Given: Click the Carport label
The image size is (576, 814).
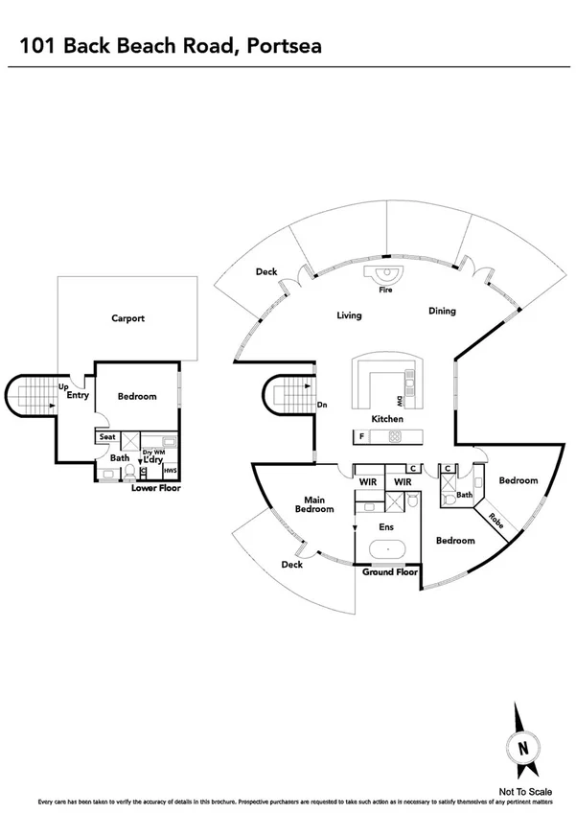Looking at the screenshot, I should pos(127,318).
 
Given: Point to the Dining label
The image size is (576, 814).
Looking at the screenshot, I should pos(442,311).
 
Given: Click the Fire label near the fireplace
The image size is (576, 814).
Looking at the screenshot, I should pos(386,289).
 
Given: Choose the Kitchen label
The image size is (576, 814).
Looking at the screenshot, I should pos(388,419).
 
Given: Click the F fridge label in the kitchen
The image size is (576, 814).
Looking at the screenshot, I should pos(362,437).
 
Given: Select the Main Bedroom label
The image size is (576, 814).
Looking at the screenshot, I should pos(319,504).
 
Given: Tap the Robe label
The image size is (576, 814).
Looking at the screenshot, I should pos(495,522).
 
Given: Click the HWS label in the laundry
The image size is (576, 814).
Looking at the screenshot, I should pos(170,471).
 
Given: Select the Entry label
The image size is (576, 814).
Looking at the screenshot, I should pos(78,394).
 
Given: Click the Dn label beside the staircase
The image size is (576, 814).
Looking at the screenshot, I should pos(322,405).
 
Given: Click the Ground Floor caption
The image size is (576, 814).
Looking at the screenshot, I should pos(389,572).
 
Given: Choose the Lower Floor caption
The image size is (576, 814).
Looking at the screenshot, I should pos(155,488).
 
